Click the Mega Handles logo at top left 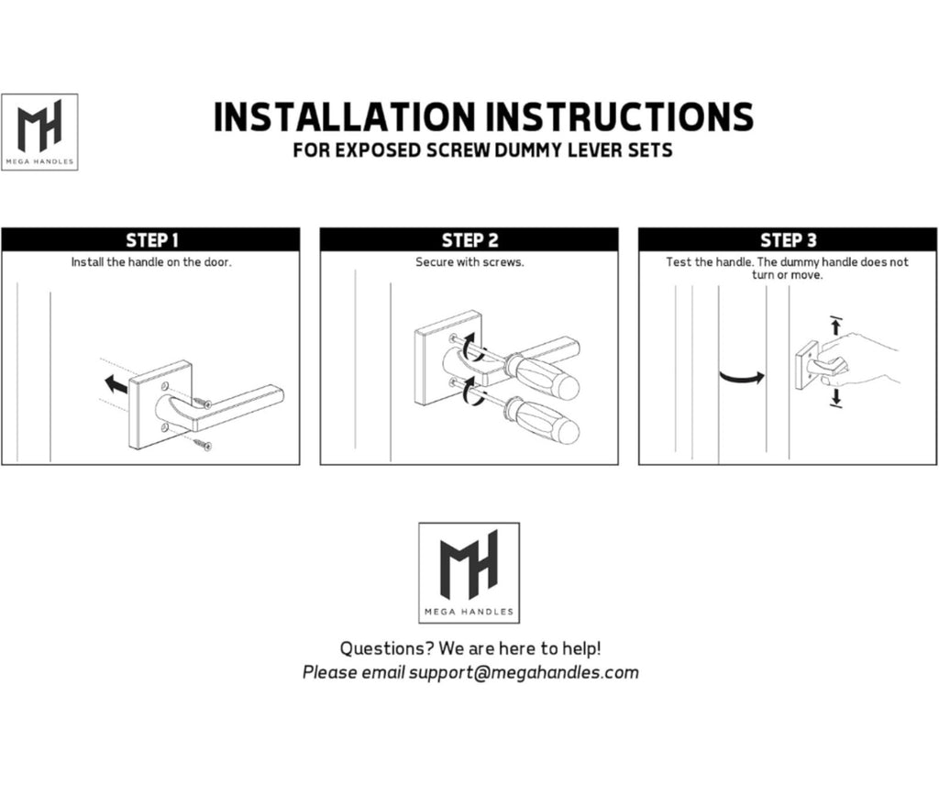point(39,132)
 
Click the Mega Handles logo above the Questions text point(469,573)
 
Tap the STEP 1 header point(151,240)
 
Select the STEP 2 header point(470,240)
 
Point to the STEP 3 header point(788,240)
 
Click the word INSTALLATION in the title point(345,116)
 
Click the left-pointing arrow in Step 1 point(116,384)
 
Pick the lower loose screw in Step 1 point(203,444)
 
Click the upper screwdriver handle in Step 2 point(541,376)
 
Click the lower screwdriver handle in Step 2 point(543,422)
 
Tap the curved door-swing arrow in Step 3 point(741,377)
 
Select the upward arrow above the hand point(836,326)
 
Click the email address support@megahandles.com point(524,672)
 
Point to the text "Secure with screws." point(469,261)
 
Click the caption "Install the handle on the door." point(151,261)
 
